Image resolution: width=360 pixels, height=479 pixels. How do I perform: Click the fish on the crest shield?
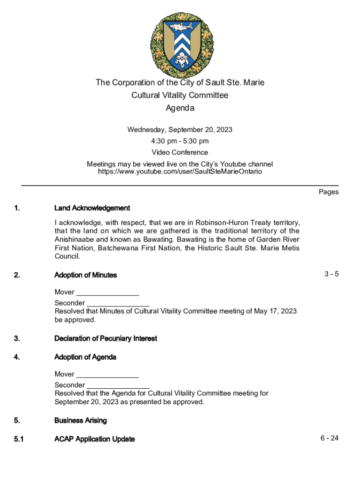click(x=180, y=27)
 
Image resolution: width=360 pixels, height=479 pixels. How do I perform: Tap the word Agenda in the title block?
click(x=180, y=109)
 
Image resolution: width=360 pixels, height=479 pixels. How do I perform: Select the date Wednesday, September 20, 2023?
click(x=180, y=130)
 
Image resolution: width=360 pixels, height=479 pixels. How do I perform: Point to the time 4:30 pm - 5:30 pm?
click(x=180, y=141)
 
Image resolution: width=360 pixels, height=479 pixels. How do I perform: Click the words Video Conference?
click(x=180, y=152)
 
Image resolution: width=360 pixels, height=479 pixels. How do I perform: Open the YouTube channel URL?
click(x=180, y=172)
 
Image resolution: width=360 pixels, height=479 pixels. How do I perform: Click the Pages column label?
click(x=329, y=192)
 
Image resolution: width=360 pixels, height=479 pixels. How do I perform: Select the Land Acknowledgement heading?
click(x=92, y=208)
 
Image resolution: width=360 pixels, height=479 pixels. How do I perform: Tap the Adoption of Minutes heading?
click(x=86, y=275)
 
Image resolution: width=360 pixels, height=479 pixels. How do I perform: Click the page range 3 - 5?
click(x=331, y=274)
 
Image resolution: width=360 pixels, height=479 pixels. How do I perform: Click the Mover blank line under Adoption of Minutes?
click(x=108, y=294)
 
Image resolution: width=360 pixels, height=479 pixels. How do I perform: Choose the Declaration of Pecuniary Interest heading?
click(x=106, y=338)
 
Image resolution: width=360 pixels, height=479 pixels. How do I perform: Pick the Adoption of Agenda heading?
click(x=85, y=357)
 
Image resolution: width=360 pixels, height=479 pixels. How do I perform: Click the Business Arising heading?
click(x=80, y=421)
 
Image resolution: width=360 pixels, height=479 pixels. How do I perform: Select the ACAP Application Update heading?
click(x=94, y=439)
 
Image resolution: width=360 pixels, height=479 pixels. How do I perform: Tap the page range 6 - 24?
click(x=330, y=438)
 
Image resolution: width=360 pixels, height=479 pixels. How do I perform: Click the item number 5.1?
click(x=19, y=439)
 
